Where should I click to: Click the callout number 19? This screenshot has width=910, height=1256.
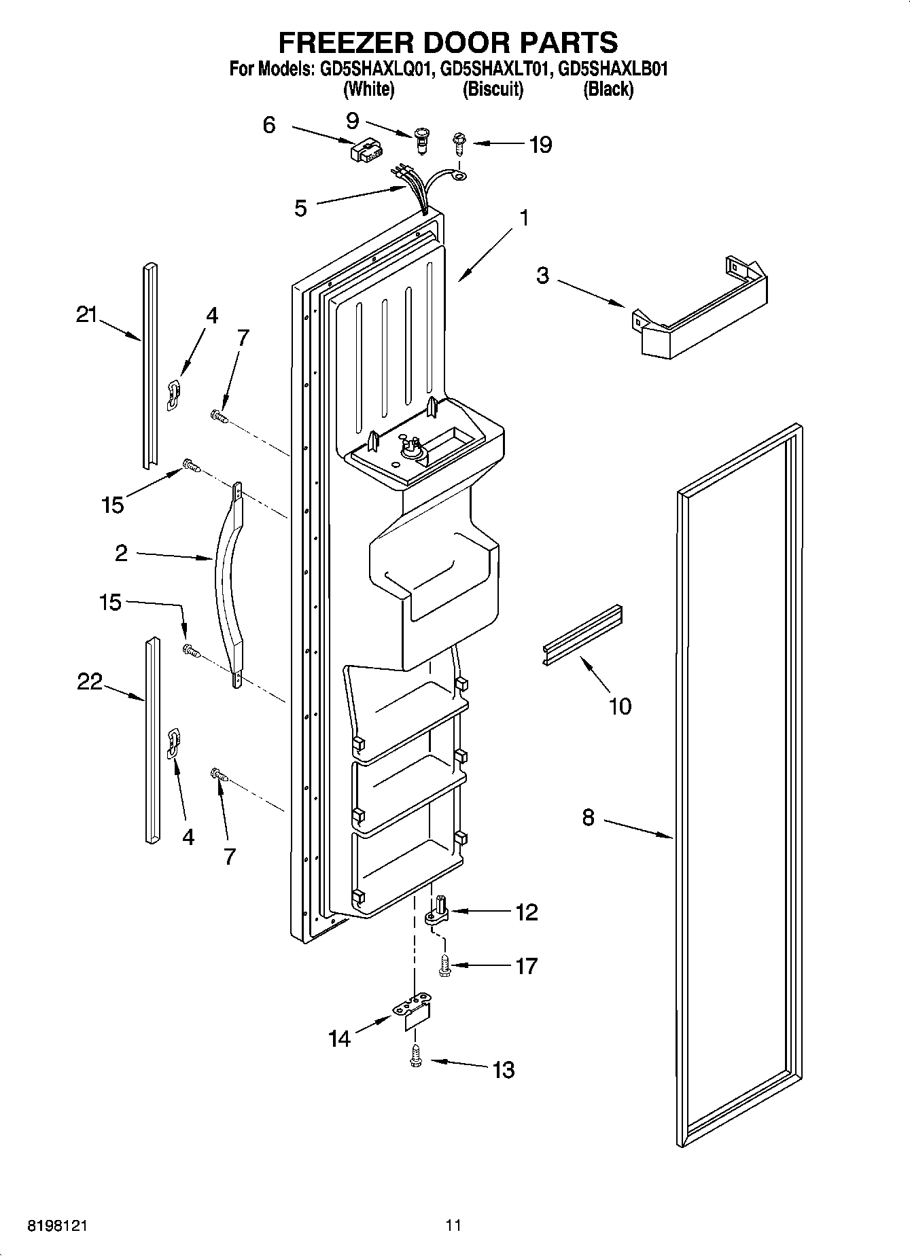coord(540,145)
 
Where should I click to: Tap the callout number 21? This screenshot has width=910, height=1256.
coord(86,315)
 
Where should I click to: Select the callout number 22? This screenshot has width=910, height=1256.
coord(89,681)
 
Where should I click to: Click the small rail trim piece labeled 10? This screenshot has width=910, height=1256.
coord(583,633)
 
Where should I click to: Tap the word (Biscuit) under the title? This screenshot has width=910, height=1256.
coord(493,89)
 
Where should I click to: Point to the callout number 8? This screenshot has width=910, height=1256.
coord(588,818)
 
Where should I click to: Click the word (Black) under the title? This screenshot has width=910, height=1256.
coord(608,89)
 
